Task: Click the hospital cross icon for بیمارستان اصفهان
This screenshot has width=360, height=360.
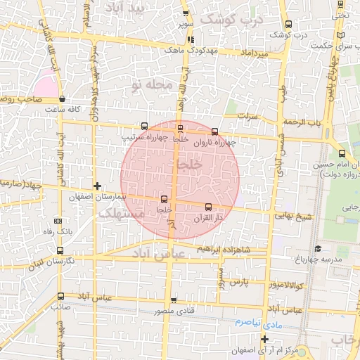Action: point(97,186)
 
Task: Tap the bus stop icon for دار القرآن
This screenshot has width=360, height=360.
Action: point(208,207)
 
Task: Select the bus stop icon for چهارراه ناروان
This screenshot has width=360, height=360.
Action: point(214,131)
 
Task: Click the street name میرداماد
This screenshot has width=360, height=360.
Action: point(253,53)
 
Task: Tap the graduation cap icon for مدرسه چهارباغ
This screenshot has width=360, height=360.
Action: point(318,249)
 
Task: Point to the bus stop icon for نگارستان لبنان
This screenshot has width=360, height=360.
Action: point(58,250)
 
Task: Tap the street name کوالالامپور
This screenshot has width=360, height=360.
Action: point(285,285)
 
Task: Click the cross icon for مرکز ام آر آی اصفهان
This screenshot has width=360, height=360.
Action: point(265,340)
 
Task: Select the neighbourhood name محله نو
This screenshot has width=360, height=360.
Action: point(151,84)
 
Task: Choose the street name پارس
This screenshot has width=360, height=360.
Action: point(240,281)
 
